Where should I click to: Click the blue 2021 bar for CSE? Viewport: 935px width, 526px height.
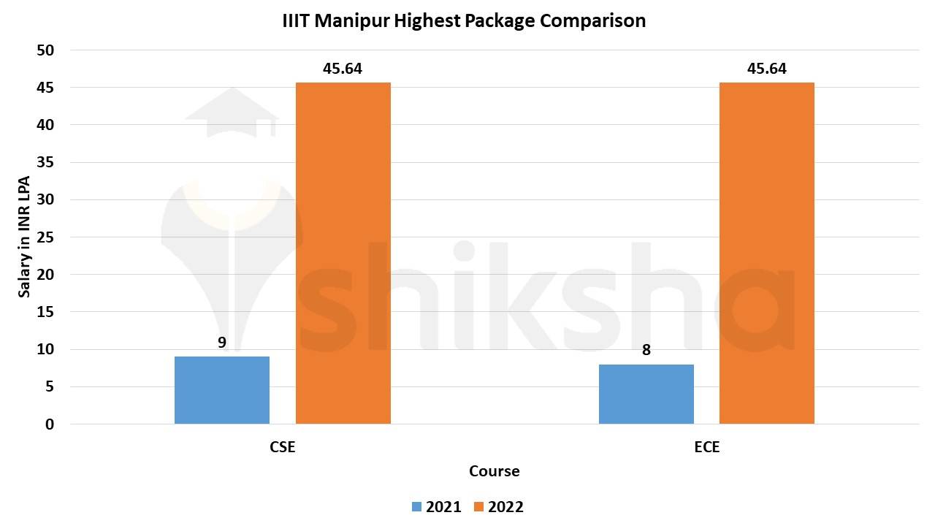coord(222,390)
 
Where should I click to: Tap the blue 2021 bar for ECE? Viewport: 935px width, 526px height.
coord(646,394)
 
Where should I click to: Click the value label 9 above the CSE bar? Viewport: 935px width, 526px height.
coord(222,341)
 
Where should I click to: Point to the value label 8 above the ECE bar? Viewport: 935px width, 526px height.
coord(646,350)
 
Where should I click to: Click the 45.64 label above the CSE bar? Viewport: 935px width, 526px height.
coord(343,69)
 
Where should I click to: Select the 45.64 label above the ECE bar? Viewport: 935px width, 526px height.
coord(766,69)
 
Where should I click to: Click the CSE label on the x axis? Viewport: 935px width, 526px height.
coord(283,447)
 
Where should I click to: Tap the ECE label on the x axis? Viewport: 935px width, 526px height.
coord(706,447)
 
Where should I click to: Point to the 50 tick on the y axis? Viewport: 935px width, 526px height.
coord(46,50)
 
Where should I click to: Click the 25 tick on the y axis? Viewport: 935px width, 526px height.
coord(46,237)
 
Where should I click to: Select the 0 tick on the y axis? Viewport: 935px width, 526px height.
coord(50,424)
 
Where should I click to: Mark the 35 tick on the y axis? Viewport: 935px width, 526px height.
coord(46,162)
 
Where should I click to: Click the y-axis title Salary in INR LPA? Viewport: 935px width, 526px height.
coord(24,237)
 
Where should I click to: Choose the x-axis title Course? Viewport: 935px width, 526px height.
coord(495,471)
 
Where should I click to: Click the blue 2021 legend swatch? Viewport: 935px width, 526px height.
coord(416,506)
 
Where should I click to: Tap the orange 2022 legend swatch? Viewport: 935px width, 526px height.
coord(478,506)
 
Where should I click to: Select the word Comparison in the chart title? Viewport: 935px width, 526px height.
coord(592,21)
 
